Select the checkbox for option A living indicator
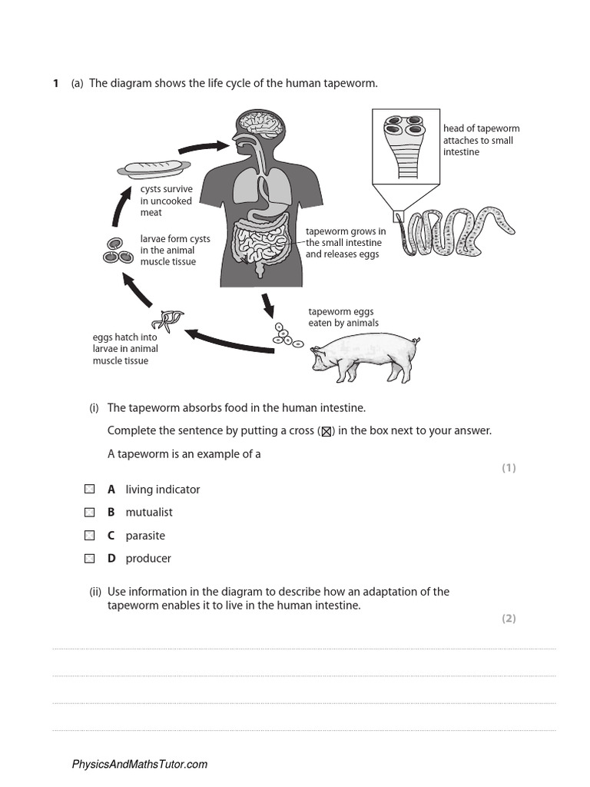(x=90, y=489)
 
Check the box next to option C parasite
(x=90, y=535)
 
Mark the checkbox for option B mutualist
(x=90, y=512)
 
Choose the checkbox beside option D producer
(x=90, y=558)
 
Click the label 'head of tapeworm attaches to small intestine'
(x=481, y=140)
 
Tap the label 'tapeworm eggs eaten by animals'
(x=343, y=317)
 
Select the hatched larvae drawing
(x=167, y=318)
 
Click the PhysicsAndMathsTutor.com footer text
(x=140, y=764)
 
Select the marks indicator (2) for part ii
(x=509, y=618)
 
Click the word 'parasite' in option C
(x=145, y=535)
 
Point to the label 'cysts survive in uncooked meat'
(x=166, y=201)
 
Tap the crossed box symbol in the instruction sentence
(x=326, y=431)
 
